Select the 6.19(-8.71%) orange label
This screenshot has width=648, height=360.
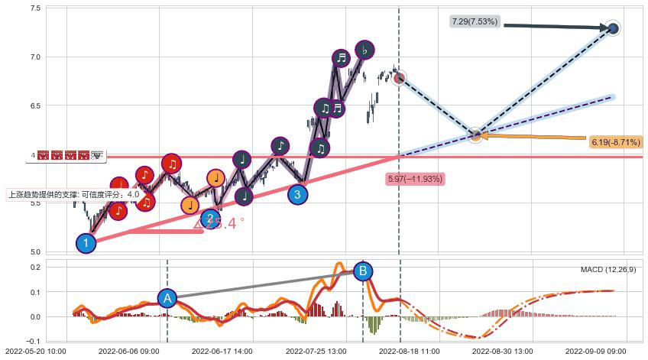click(615, 142)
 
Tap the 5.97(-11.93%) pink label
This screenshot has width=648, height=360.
click(415, 179)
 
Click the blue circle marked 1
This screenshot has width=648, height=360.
click(86, 243)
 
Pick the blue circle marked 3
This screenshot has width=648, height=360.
click(298, 195)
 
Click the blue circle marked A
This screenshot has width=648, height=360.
click(167, 298)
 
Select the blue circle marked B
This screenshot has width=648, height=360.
click(363, 271)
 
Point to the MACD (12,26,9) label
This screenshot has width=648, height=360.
click(608, 269)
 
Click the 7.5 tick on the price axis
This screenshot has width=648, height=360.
click(36, 8)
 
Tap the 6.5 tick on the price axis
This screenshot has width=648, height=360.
click(36, 106)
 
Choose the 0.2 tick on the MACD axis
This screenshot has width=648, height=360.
click(36, 267)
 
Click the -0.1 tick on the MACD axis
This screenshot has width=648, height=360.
click(34, 341)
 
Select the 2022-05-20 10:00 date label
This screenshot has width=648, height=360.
click(36, 352)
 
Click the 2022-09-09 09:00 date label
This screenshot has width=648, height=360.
click(597, 352)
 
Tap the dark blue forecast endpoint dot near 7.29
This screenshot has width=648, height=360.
click(613, 28)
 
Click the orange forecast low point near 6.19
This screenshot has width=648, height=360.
click(475, 135)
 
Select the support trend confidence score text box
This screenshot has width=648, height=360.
click(74, 194)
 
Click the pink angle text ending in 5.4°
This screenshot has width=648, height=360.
click(219, 223)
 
